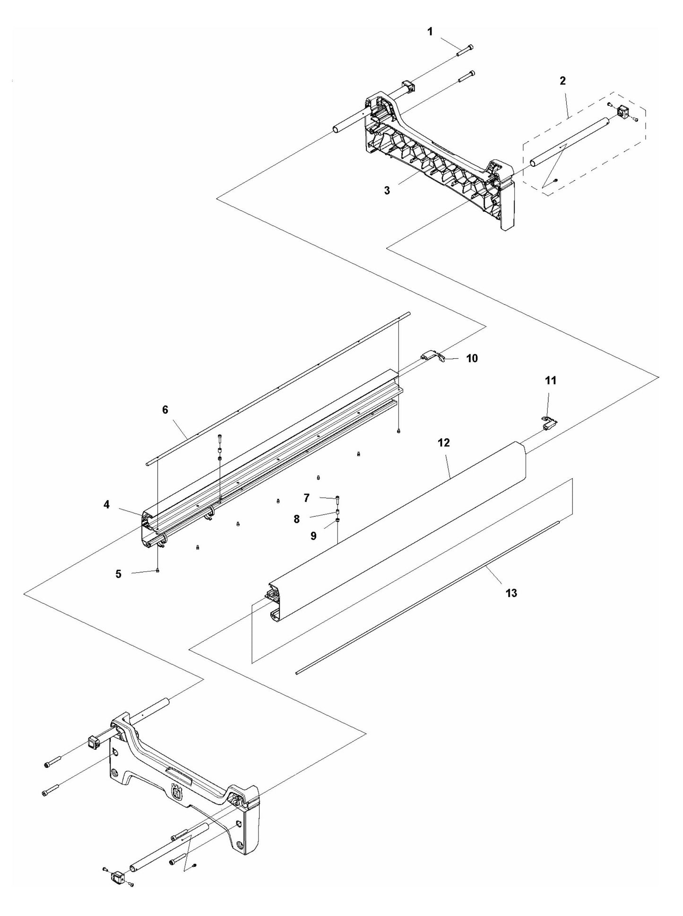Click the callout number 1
[x=430, y=32]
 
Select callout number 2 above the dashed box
[x=562, y=81]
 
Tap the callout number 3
[x=387, y=190]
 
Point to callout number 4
[x=107, y=505]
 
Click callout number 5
[x=118, y=574]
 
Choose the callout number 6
[x=165, y=409]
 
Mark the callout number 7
[x=307, y=498]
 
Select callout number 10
[x=472, y=358]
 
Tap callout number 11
[x=551, y=380]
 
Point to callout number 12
[x=443, y=443]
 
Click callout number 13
[x=511, y=592]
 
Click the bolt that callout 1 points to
[x=465, y=51]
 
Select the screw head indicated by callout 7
[x=337, y=497]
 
